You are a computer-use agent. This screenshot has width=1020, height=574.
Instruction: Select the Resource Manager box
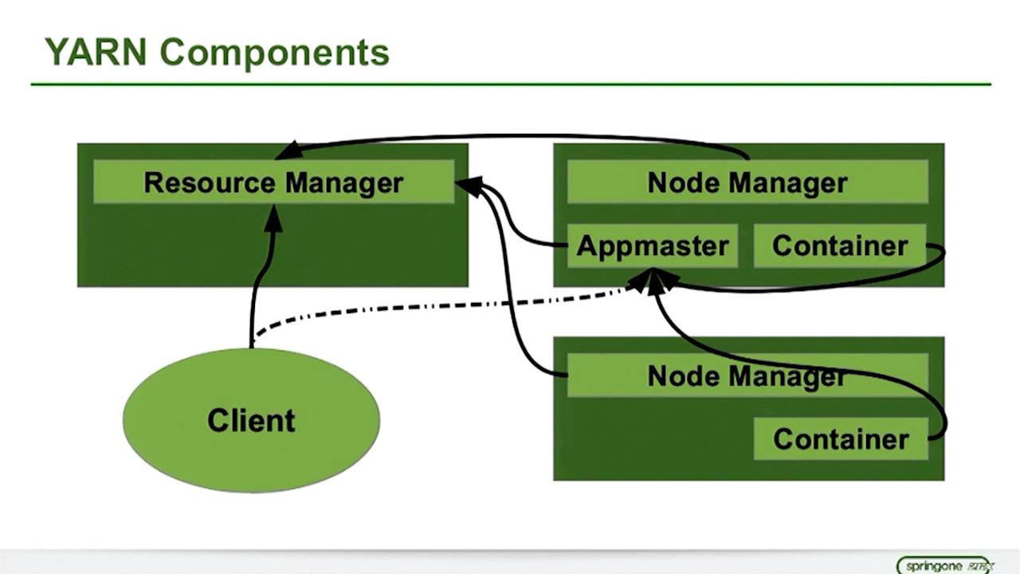coord(273,183)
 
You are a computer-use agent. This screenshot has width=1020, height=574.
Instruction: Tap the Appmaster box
coord(652,246)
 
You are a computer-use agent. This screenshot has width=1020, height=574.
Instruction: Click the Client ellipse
coord(251,420)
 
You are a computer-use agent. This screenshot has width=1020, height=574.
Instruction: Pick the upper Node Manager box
coord(747,183)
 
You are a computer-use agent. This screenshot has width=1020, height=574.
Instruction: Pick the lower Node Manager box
coord(747,375)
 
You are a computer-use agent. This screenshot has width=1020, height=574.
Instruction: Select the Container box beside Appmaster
coord(840,246)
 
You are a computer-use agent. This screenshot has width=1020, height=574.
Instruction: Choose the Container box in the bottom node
coord(841,439)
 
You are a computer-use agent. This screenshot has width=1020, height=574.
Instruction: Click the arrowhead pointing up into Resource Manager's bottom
coord(273,218)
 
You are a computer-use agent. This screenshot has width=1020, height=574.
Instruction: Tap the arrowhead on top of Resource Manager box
coord(287,151)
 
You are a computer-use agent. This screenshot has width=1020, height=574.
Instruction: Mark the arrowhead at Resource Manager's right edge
coord(468,187)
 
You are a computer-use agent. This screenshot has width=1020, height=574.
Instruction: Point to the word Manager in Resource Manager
coord(344,183)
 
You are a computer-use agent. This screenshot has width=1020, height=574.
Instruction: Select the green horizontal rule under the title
coord(510,84)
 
